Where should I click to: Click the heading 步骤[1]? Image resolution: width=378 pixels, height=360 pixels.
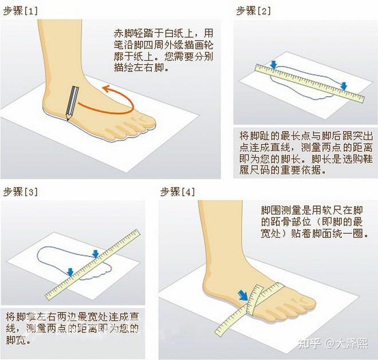coord(21,11)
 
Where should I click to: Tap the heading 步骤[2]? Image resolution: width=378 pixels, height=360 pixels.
coord(253,11)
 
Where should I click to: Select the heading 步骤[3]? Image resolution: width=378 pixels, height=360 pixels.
coord(21,192)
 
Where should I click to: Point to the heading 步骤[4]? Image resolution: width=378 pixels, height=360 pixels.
coord(178,192)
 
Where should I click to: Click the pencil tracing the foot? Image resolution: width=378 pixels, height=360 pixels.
coord(72,103)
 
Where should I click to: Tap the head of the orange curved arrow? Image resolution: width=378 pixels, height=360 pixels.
coord(106,89)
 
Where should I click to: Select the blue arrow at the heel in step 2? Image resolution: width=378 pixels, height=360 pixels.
coord(273,65)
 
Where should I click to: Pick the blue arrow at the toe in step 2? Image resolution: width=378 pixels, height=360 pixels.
coord(344,86)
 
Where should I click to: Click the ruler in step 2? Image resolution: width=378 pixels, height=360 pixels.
coord(310,83)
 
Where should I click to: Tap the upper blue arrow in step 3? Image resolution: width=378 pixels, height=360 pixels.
coord(96,254)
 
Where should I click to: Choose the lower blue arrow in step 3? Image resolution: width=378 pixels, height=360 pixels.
coord(70,272)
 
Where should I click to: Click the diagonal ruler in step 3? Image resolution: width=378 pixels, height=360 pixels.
coord(93,264)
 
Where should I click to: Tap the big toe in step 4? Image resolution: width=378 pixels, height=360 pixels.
coord(306,303)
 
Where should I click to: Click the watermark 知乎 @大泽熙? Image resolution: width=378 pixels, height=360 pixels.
coord(333,343)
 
